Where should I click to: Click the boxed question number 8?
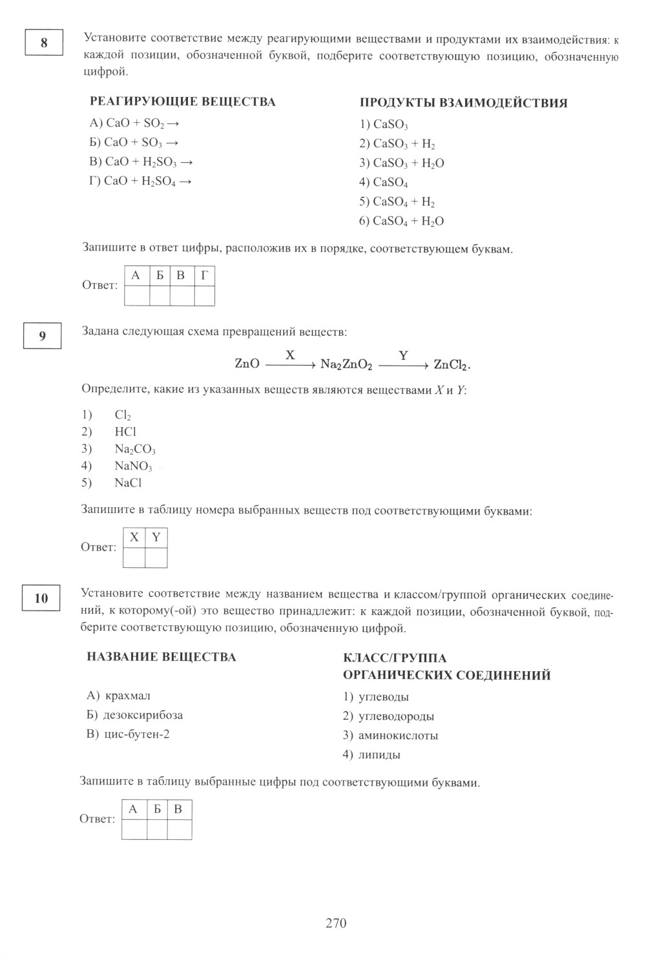[44, 43]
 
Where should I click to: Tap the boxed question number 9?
[42, 336]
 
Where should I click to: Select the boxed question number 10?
[41, 598]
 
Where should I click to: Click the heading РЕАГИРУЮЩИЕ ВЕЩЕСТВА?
[182, 102]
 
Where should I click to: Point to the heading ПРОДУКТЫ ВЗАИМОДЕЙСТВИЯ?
[463, 103]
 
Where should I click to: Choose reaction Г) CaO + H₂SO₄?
[141, 182]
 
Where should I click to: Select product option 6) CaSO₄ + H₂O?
[401, 221]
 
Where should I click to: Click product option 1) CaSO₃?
[384, 125]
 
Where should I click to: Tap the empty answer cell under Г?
[204, 296]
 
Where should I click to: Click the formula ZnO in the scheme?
[247, 364]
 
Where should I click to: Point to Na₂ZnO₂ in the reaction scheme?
[346, 365]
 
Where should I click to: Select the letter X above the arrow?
[290, 355]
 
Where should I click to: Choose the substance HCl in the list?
[125, 432]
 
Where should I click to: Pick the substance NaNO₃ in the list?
[133, 466]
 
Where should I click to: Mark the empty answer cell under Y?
[156, 558]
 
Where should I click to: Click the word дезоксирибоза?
[143, 715]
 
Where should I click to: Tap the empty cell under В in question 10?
[179, 829]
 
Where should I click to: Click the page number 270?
[336, 923]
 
